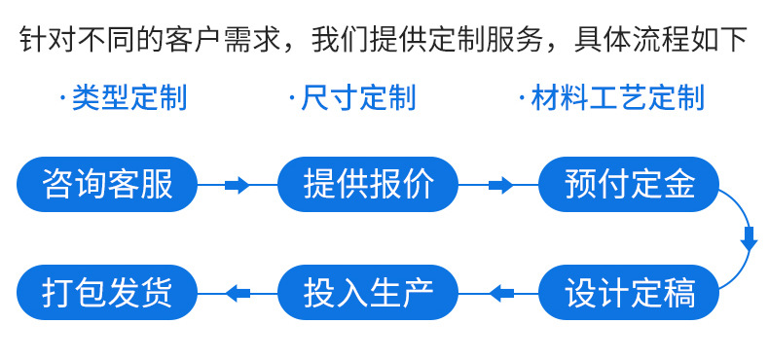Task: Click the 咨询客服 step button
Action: [107, 184]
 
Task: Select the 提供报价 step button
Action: [368, 184]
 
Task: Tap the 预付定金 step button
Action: [630, 184]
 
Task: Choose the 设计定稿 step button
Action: [630, 292]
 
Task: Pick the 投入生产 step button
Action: [368, 292]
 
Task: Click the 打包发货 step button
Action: [107, 292]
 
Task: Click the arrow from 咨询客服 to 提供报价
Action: [238, 185]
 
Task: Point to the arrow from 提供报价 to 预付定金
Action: [499, 185]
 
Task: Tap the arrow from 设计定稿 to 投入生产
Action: [499, 292]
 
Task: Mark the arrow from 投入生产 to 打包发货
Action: [238, 292]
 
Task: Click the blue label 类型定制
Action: [128, 97]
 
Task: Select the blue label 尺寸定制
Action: [358, 97]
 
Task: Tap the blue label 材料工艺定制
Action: [617, 97]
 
